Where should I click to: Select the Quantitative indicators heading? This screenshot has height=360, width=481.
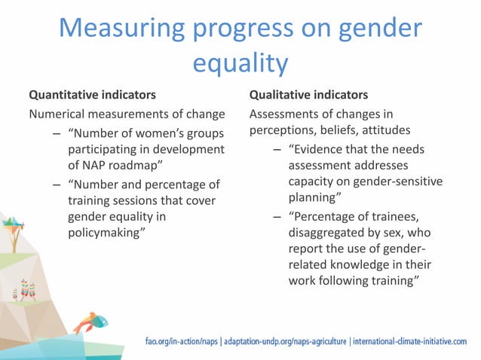(92, 96)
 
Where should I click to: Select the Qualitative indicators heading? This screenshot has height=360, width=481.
(308, 96)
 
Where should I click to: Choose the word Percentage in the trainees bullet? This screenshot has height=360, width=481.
(329, 216)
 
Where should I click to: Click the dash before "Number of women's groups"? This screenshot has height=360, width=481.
(57, 133)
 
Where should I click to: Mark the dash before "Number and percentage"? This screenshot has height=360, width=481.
(57, 183)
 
